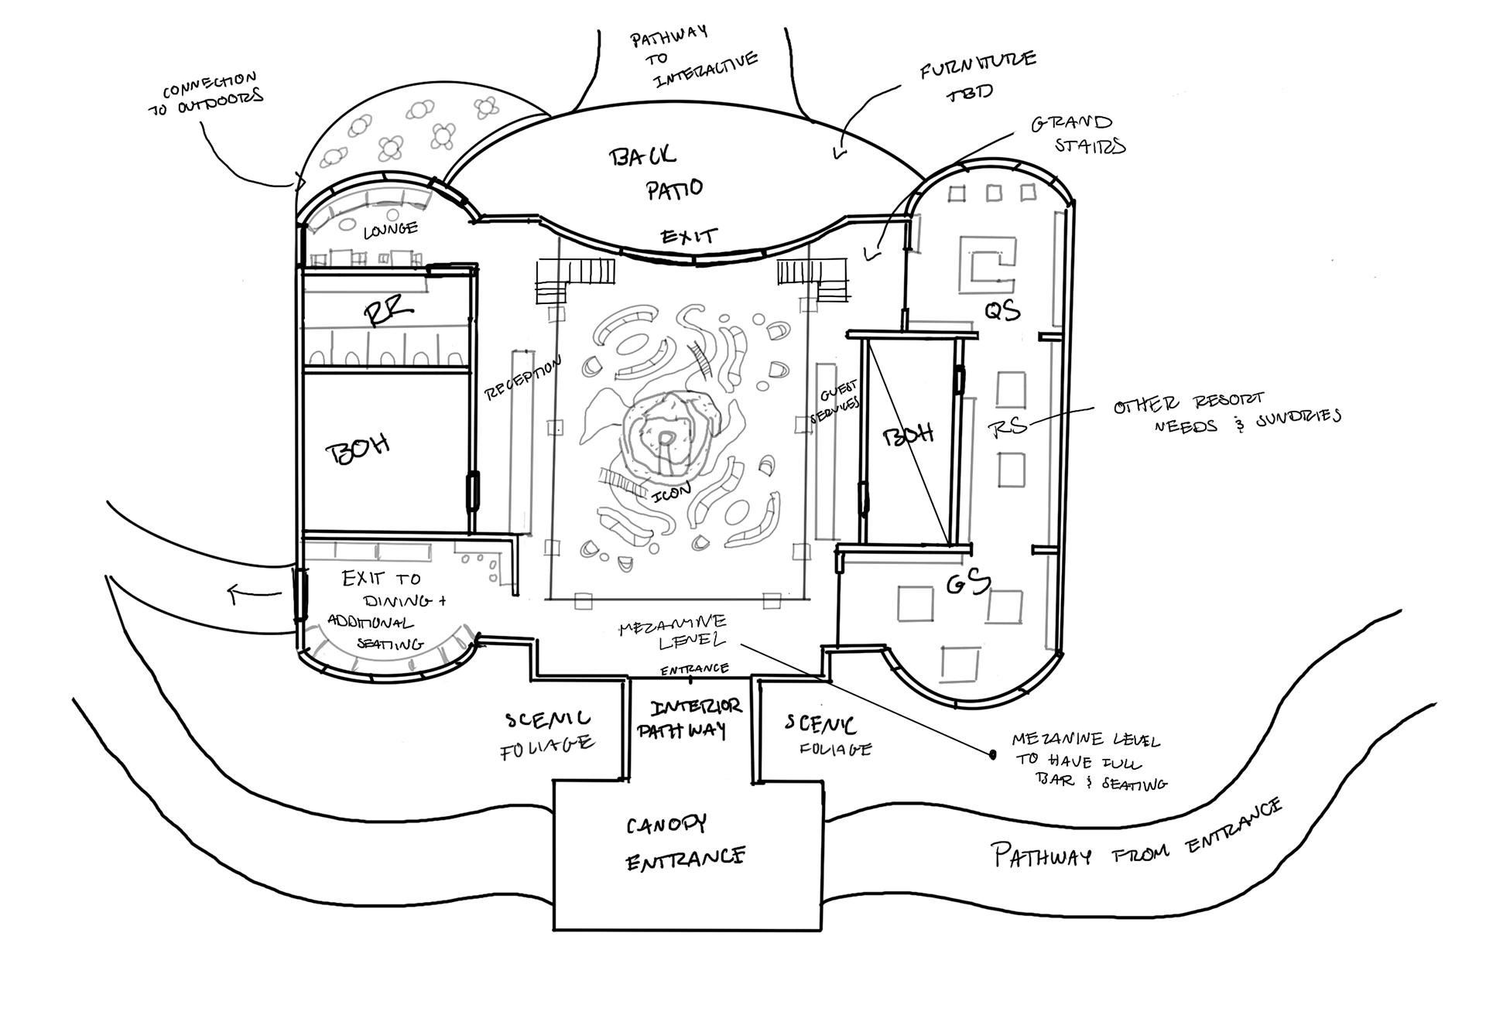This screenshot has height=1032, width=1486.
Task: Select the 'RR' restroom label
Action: click(x=389, y=313)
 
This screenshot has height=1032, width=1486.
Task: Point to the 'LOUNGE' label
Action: click(x=390, y=229)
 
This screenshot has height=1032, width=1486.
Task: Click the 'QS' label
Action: click(x=1002, y=310)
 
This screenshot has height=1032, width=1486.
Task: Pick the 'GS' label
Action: click(x=968, y=582)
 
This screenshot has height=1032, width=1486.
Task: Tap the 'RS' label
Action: click(x=1008, y=426)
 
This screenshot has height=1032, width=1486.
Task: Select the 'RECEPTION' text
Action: click(x=522, y=378)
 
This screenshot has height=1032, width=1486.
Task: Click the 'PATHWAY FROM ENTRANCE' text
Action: click(x=1135, y=840)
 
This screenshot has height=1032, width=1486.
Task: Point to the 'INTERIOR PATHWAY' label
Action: click(x=687, y=719)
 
